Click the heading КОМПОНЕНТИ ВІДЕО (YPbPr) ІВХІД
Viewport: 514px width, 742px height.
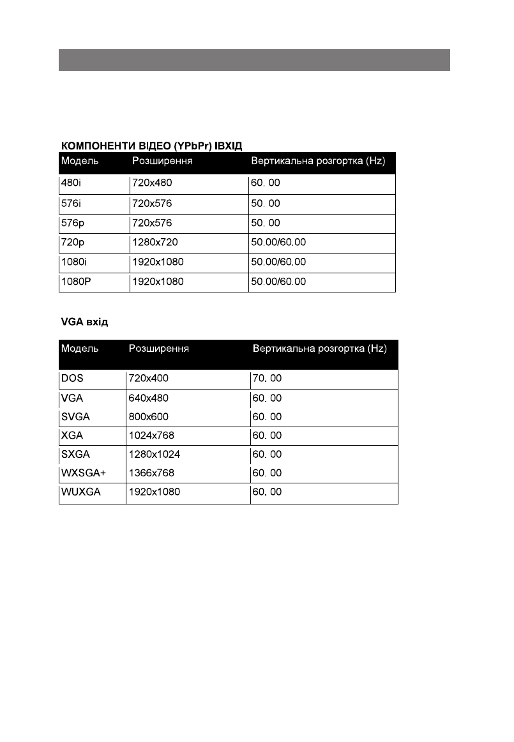[151, 146]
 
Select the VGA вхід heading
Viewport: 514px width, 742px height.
[84, 322]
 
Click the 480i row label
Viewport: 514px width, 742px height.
[71, 183]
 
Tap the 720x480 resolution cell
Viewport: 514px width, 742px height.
[152, 183]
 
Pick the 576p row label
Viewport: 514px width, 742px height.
[73, 223]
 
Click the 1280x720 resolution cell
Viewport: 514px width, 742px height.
[155, 243]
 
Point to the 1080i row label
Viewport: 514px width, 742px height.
[75, 262]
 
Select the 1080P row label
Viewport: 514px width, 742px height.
[77, 282]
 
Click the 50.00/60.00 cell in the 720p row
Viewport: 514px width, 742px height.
[278, 243]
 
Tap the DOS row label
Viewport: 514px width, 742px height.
[72, 378]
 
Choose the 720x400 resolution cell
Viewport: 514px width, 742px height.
[149, 378]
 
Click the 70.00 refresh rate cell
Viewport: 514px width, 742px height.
[268, 378]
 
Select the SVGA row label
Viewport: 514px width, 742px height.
[75, 416]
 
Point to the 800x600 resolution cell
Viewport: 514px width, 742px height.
[149, 416]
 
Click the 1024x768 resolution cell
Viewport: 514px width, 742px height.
[151, 435]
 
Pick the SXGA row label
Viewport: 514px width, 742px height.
[75, 455]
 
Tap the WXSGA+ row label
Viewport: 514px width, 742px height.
[83, 473]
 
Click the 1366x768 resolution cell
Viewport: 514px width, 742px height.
[151, 473]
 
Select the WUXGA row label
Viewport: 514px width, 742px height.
[80, 492]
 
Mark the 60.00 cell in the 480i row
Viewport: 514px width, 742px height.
[266, 183]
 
